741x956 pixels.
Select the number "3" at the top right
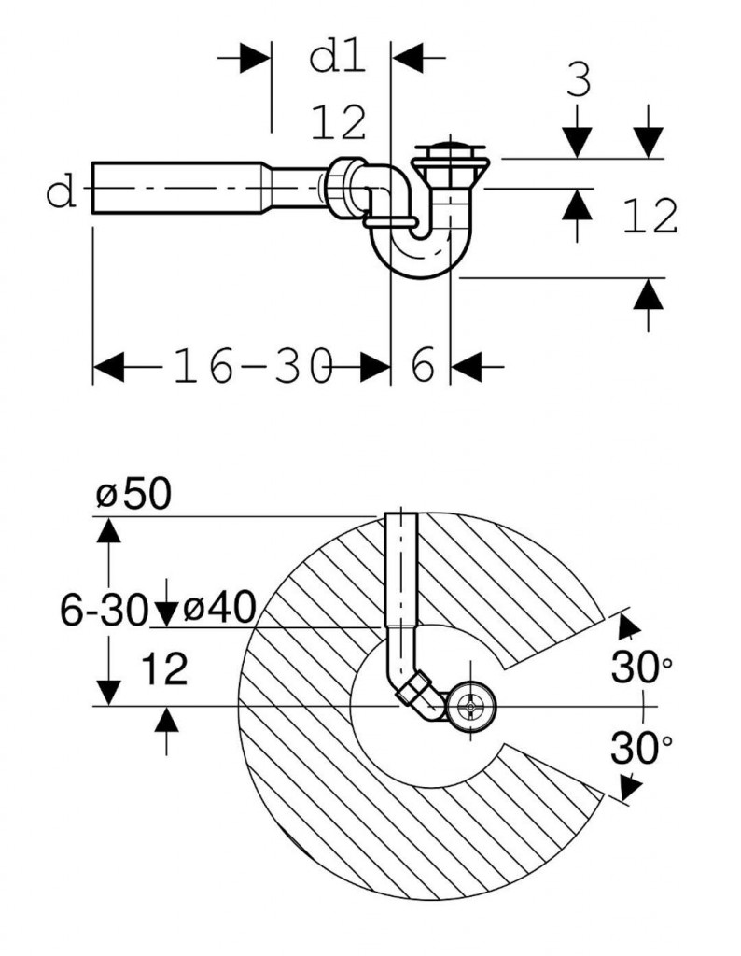click(579, 83)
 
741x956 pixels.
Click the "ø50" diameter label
click(133, 494)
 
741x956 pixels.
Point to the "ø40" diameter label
click(219, 611)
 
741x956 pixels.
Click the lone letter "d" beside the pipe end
click(62, 194)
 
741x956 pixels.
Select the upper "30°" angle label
click(642, 668)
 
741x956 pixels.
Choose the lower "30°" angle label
click(642, 748)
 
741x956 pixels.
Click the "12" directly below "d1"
click(339, 123)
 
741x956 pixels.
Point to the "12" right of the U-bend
click(649, 218)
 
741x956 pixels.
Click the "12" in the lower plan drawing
click(165, 668)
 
